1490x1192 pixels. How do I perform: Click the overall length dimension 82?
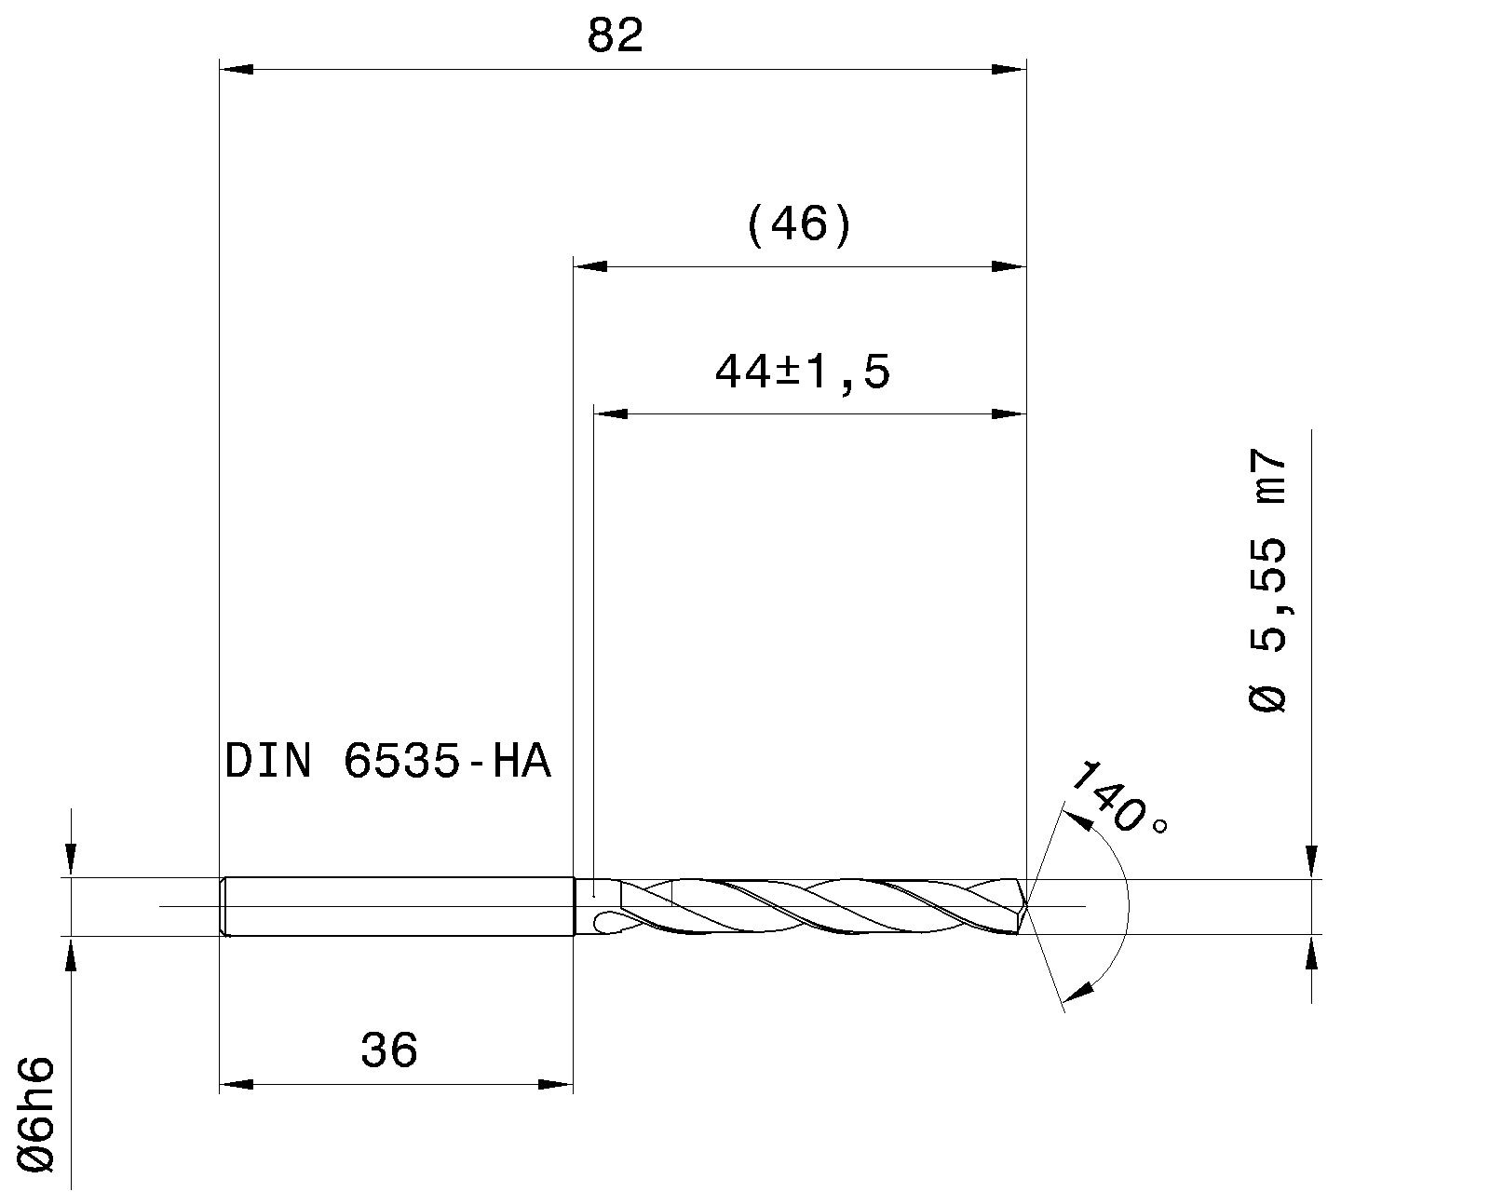[615, 37]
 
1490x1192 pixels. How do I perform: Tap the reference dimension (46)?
[799, 225]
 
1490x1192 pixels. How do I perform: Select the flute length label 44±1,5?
[802, 373]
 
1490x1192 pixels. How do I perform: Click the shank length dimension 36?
[389, 1050]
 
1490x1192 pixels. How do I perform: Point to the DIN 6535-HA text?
[388, 762]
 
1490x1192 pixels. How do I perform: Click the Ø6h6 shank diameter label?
[39, 1113]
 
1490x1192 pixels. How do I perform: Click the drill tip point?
[1027, 905]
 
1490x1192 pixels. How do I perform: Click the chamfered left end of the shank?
[223, 906]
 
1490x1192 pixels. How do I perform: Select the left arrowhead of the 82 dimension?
[235, 69]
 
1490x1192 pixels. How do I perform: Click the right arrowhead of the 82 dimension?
[1009, 69]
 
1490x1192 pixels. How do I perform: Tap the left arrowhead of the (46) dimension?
[589, 266]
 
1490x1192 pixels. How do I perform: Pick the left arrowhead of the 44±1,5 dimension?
[611, 413]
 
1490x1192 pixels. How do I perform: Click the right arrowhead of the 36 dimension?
[556, 1084]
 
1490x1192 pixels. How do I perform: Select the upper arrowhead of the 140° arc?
[1077, 819]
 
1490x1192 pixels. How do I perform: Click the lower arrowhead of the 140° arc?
[1077, 992]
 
